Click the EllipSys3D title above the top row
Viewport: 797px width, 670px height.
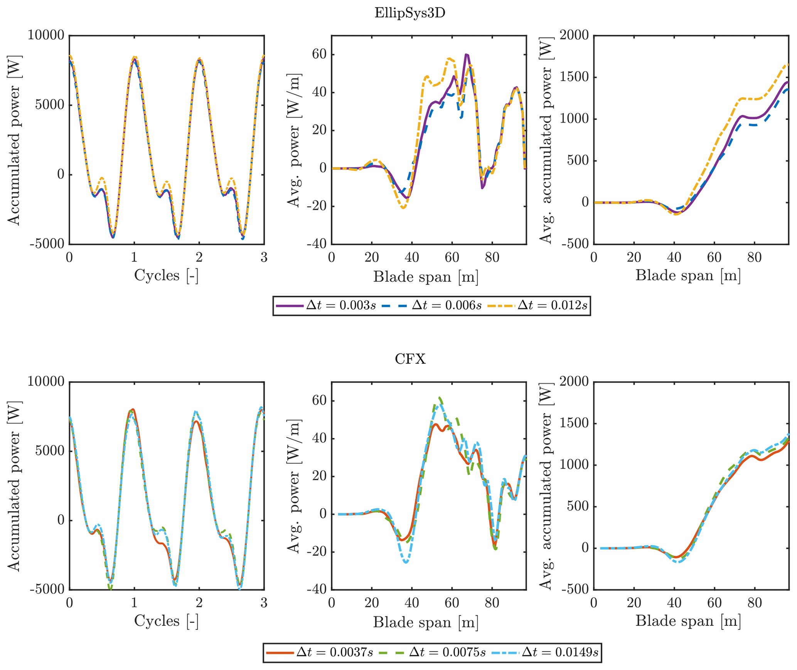(x=409, y=13)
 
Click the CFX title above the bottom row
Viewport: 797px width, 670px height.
(x=410, y=359)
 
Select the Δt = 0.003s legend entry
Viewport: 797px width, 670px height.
(x=326, y=306)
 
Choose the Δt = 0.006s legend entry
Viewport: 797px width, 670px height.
(x=432, y=306)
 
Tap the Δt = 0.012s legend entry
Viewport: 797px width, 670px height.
(x=538, y=306)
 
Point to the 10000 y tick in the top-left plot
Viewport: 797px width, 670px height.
(x=46, y=35)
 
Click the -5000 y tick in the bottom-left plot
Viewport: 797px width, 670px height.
(x=46, y=589)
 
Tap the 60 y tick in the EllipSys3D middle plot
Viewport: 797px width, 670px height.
(x=319, y=54)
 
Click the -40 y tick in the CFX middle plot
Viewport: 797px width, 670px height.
(x=317, y=589)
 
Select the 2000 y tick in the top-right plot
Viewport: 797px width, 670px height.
(x=574, y=35)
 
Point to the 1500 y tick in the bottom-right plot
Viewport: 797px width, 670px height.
(x=574, y=423)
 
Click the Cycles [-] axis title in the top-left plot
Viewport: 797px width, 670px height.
(x=166, y=276)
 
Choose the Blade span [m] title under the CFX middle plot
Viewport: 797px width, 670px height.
(x=426, y=622)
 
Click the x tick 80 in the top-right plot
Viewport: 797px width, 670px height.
(x=754, y=258)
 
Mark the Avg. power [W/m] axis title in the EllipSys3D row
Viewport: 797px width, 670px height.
(x=294, y=140)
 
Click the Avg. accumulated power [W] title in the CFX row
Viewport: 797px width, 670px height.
(x=546, y=486)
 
